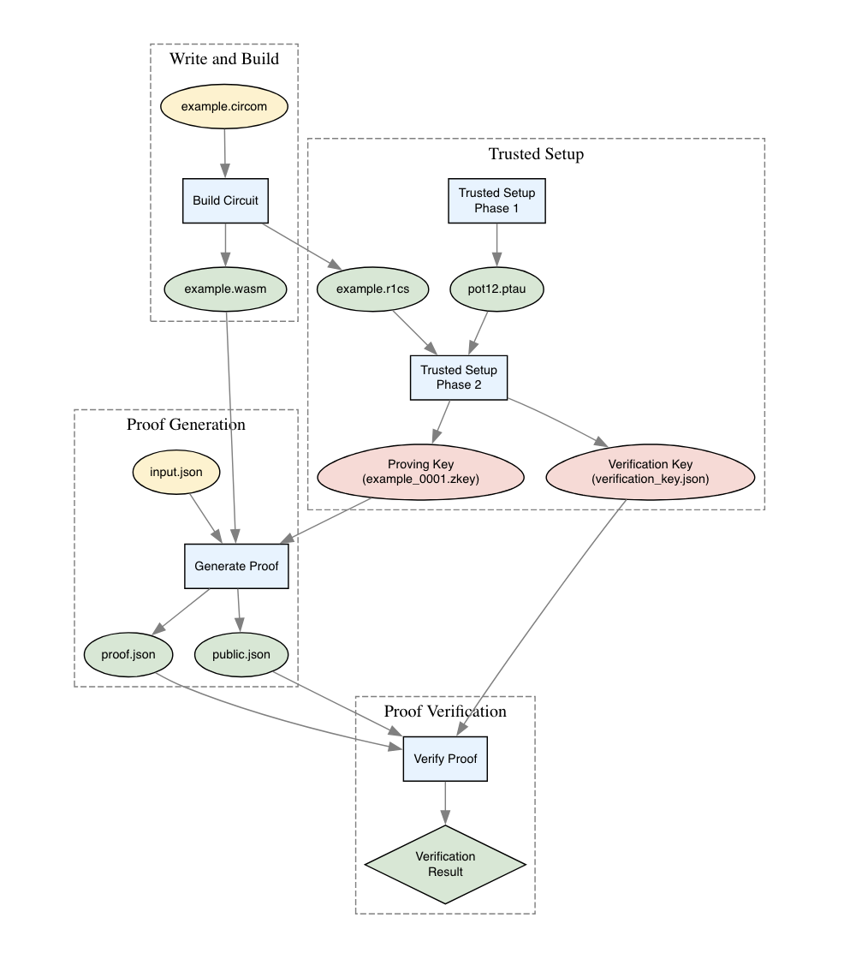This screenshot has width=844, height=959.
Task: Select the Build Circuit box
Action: (226, 200)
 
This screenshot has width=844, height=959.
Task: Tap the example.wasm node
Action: (226, 289)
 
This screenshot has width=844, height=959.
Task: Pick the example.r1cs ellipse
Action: (372, 289)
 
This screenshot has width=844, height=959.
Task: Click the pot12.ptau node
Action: (496, 289)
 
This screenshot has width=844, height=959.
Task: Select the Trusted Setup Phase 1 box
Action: (496, 200)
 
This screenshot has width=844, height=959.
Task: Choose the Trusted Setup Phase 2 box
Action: (459, 378)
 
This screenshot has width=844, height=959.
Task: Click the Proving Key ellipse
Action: (420, 472)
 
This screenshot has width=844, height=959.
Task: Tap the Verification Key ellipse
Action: (650, 472)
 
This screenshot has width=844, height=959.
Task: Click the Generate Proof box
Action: (236, 566)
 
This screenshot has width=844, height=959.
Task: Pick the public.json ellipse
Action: (241, 655)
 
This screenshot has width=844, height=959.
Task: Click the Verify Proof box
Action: (445, 759)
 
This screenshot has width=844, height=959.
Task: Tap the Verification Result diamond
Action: (445, 864)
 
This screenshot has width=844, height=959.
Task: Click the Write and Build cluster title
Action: (223, 59)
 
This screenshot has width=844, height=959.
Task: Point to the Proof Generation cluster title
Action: (186, 425)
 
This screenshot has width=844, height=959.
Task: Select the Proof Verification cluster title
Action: (445, 712)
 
